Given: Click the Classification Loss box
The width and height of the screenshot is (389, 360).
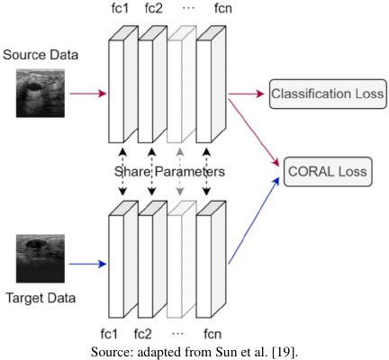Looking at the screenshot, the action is (328, 94).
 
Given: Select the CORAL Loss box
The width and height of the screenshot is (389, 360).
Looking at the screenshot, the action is (328, 172).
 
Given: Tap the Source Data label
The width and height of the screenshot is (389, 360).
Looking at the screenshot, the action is (41, 55).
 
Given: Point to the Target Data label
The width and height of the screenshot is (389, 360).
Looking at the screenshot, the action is (41, 298).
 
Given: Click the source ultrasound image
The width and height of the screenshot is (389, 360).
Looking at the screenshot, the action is (41, 94).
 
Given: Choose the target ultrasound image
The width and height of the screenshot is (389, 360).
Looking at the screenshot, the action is (41, 258).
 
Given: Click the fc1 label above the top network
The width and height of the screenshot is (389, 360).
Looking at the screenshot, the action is (120, 8).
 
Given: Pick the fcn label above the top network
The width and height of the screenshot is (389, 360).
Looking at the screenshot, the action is (223, 8).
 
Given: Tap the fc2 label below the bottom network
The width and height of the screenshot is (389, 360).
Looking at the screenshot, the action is (143, 334).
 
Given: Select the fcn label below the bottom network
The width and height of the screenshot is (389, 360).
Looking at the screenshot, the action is (213, 334).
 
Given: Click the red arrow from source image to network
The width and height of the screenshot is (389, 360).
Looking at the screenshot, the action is (88, 94).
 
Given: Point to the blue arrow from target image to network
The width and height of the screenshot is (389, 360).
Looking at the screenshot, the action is (87, 264).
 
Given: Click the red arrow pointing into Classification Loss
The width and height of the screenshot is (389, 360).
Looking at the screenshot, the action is (246, 94).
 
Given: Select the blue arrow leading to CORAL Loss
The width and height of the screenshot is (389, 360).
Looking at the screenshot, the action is (254, 220).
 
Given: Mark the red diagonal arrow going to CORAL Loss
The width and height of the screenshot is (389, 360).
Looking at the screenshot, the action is (254, 133).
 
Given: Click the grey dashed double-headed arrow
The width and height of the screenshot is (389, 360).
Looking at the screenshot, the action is (180, 172).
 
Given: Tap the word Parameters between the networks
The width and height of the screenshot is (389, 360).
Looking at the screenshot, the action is (190, 172).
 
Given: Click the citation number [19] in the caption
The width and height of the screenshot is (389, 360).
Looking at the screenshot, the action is (284, 352).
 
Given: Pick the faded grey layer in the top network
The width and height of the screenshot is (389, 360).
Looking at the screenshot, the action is (182, 84).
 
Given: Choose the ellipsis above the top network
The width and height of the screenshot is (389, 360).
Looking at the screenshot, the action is (188, 8).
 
